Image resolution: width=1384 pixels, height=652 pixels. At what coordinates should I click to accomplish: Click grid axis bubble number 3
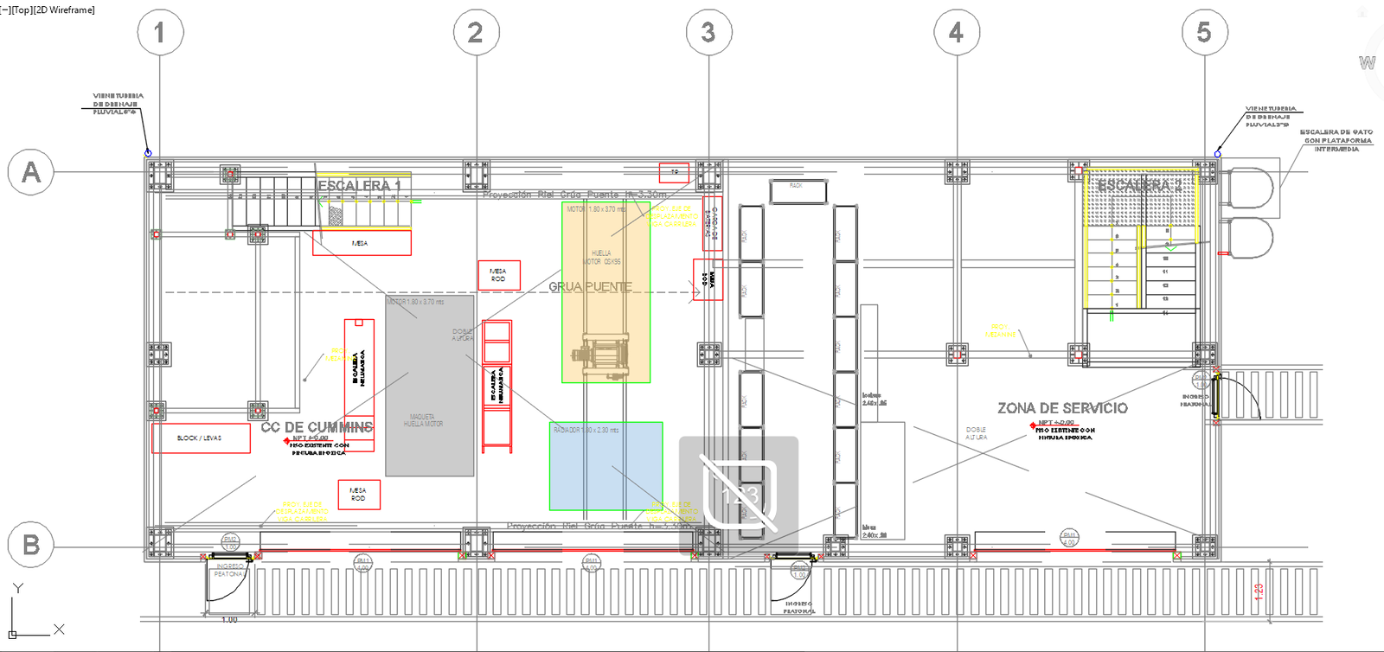[708, 33]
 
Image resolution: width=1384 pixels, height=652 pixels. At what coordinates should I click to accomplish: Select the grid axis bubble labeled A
[30, 172]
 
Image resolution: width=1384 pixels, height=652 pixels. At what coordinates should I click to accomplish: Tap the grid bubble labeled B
[30, 545]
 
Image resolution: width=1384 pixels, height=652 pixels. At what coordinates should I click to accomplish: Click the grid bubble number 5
[1204, 33]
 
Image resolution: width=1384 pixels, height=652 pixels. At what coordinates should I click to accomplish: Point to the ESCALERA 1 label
[359, 185]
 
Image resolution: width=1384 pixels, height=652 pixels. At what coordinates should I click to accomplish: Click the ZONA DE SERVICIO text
[1062, 408]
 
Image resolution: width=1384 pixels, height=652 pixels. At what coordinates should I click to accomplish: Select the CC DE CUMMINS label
[317, 427]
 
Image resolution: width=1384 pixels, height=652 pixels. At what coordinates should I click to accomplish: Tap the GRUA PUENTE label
[590, 286]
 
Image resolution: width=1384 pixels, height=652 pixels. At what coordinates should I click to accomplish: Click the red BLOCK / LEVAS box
[201, 438]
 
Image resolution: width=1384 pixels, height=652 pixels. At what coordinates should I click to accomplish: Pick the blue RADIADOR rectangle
[605, 467]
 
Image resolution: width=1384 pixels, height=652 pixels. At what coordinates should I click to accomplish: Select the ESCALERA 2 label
[1139, 185]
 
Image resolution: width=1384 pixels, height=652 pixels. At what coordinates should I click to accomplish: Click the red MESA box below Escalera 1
[362, 243]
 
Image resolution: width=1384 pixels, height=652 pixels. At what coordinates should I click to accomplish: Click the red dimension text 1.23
[1259, 591]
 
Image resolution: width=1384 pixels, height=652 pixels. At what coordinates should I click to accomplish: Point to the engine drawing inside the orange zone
[605, 355]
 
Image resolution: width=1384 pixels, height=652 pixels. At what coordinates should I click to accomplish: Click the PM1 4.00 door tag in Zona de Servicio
[1069, 538]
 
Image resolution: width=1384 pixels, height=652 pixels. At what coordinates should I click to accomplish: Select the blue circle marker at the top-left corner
[148, 153]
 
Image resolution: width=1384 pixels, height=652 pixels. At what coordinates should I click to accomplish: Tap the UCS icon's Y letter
[17, 588]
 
